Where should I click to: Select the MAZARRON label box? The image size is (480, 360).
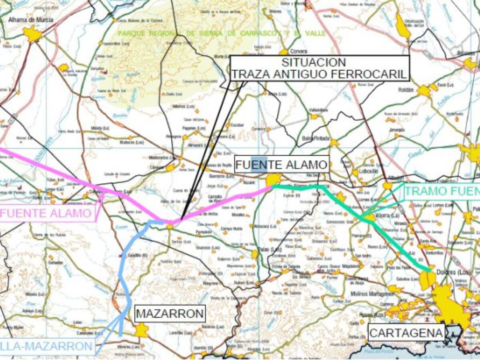(x=170, y=314)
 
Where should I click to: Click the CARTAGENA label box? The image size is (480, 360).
(x=406, y=333)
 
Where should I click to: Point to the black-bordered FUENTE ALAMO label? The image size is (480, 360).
(x=282, y=164)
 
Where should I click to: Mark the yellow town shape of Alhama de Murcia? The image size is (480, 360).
(x=32, y=34)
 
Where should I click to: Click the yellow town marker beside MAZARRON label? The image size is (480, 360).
(x=141, y=330)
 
